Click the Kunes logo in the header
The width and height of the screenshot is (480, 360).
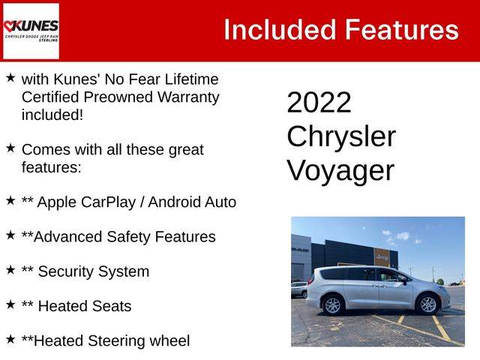pyautogui.click(x=31, y=31)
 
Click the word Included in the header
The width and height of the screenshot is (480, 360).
pyautogui.click(x=280, y=30)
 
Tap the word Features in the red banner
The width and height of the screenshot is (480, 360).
pyautogui.click(x=402, y=30)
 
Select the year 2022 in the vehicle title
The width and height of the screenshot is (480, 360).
pyautogui.click(x=319, y=102)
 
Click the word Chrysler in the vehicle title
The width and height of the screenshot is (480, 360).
pyautogui.click(x=341, y=136)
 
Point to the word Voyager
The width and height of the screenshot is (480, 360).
pyautogui.click(x=340, y=171)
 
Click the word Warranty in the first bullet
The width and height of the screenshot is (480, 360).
pyautogui.click(x=188, y=97)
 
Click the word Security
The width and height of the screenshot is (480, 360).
pyautogui.click(x=65, y=271)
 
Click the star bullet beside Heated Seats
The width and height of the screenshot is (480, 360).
pyautogui.click(x=10, y=304)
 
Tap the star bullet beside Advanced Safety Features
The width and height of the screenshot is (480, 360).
pyautogui.click(x=10, y=235)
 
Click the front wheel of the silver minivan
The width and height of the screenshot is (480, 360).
pyautogui.click(x=428, y=304)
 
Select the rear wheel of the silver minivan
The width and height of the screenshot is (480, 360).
pyautogui.click(x=332, y=305)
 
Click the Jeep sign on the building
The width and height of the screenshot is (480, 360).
pyautogui.click(x=382, y=256)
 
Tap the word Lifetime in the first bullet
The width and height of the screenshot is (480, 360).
pyautogui.click(x=192, y=79)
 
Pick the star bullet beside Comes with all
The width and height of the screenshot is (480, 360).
pyautogui.click(x=10, y=148)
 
